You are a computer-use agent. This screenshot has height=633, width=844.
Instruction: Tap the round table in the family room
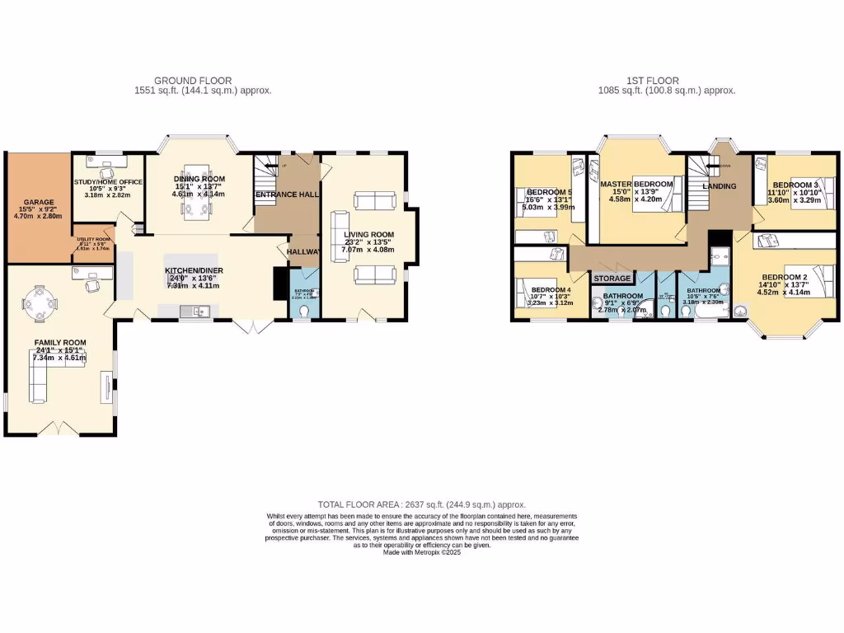click(39, 302)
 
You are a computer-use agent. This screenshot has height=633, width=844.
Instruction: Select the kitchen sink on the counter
click(195, 311)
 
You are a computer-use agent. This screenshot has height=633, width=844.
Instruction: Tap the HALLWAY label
click(302, 252)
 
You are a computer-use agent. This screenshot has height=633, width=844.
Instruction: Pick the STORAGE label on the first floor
click(612, 279)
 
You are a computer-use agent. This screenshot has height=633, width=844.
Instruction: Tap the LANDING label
click(717, 187)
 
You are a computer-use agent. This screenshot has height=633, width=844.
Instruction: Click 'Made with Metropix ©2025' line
click(422, 552)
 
